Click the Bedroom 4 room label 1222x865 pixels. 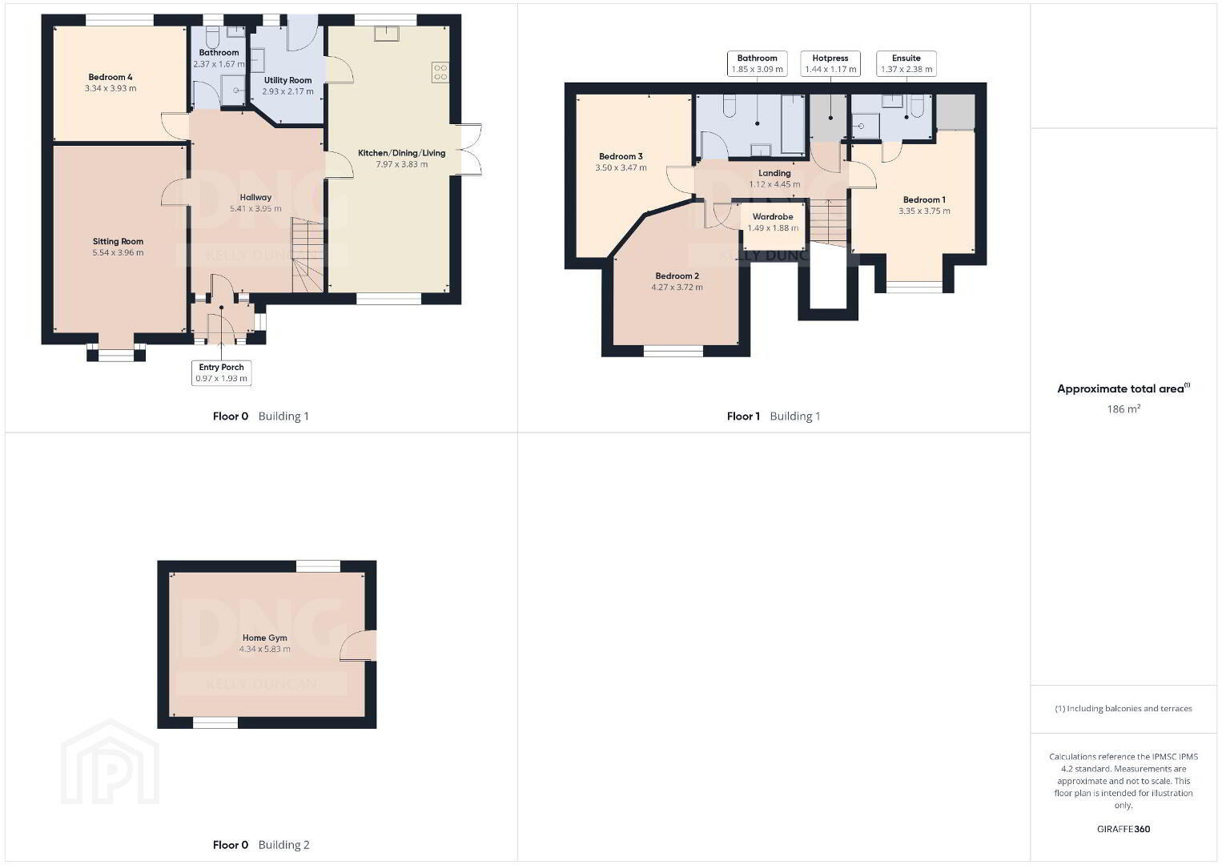point(111,77)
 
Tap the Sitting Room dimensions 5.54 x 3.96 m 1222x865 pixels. point(118,252)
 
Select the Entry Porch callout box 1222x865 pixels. point(222,372)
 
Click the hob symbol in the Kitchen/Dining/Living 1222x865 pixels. point(440,73)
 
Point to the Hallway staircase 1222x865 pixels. point(308,255)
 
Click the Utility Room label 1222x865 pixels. point(287,80)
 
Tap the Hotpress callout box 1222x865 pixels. point(830,63)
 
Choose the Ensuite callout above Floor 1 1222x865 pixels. point(906,63)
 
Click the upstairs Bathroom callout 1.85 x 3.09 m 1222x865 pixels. point(758,63)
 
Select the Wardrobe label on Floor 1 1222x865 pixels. point(773,217)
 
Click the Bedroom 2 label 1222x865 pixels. point(677,276)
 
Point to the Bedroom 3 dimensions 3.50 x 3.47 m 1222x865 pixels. point(621,168)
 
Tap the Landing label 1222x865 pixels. point(774,174)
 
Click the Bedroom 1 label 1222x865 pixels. point(924,199)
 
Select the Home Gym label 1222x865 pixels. point(264,638)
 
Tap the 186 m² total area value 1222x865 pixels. point(1124,408)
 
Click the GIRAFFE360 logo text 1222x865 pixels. point(1124,829)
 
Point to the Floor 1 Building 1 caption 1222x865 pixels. point(773,416)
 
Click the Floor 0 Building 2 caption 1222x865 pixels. point(261,845)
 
